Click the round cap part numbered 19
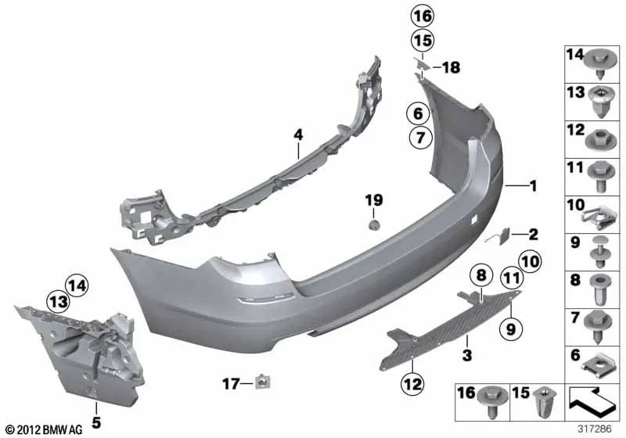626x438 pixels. [x=374, y=224]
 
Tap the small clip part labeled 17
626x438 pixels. [x=261, y=382]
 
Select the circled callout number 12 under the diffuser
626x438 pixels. [x=411, y=383]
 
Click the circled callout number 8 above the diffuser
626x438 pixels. [x=480, y=275]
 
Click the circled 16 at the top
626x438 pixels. [x=422, y=16]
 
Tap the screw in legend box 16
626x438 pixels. [x=493, y=401]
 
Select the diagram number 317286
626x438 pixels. [x=596, y=429]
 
